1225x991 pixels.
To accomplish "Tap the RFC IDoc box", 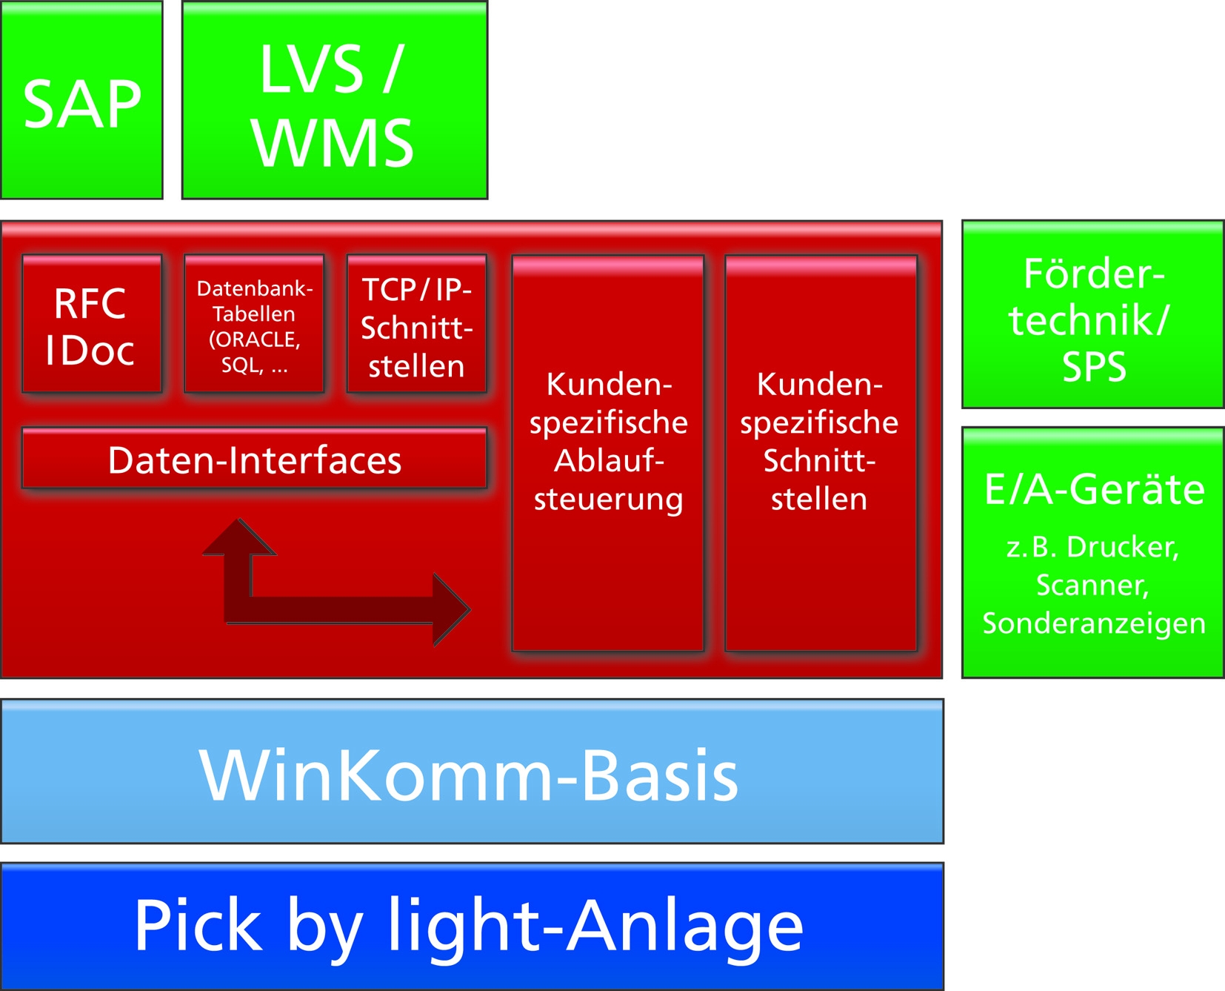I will [x=91, y=325].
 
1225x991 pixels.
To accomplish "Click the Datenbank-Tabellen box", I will [x=254, y=325].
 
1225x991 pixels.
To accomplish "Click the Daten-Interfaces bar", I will [x=254, y=460].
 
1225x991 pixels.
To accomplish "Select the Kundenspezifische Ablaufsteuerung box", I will [x=608, y=452].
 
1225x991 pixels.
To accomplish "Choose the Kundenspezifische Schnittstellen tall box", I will [x=820, y=452].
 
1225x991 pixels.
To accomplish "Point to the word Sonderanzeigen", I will [x=1094, y=623].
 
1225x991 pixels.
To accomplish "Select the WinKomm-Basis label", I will [x=470, y=775].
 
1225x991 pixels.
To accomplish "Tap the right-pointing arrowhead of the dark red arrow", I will [x=450, y=609].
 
